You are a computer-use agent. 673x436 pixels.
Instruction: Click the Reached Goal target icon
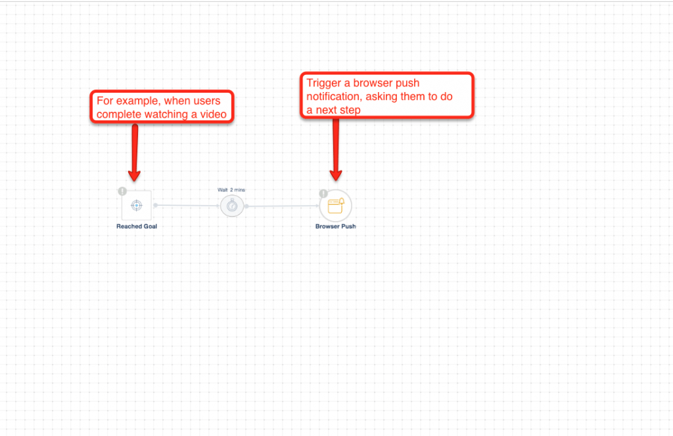pyautogui.click(x=137, y=205)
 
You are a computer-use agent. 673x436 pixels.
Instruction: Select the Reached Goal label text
pyautogui.click(x=137, y=226)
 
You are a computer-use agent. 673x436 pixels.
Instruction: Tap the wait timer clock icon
pyautogui.click(x=232, y=206)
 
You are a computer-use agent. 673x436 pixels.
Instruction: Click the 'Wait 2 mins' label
pyautogui.click(x=231, y=190)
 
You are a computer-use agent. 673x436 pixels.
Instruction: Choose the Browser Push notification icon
pyautogui.click(x=336, y=206)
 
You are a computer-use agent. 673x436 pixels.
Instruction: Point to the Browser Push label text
pyautogui.click(x=336, y=226)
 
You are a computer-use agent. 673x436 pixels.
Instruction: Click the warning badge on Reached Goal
pyautogui.click(x=122, y=191)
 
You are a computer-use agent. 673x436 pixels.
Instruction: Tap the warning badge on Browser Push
pyautogui.click(x=323, y=194)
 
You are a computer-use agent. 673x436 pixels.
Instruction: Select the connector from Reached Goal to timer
pyautogui.click(x=187, y=206)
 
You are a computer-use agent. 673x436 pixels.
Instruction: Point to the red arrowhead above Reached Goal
pyautogui.click(x=134, y=176)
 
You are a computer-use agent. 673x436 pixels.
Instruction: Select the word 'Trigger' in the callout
pyautogui.click(x=324, y=84)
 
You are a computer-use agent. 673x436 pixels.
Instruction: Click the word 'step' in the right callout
pyautogui.click(x=350, y=110)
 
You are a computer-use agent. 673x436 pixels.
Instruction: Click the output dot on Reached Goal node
pyautogui.click(x=155, y=205)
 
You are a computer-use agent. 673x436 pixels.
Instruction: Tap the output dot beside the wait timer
pyautogui.click(x=247, y=206)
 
